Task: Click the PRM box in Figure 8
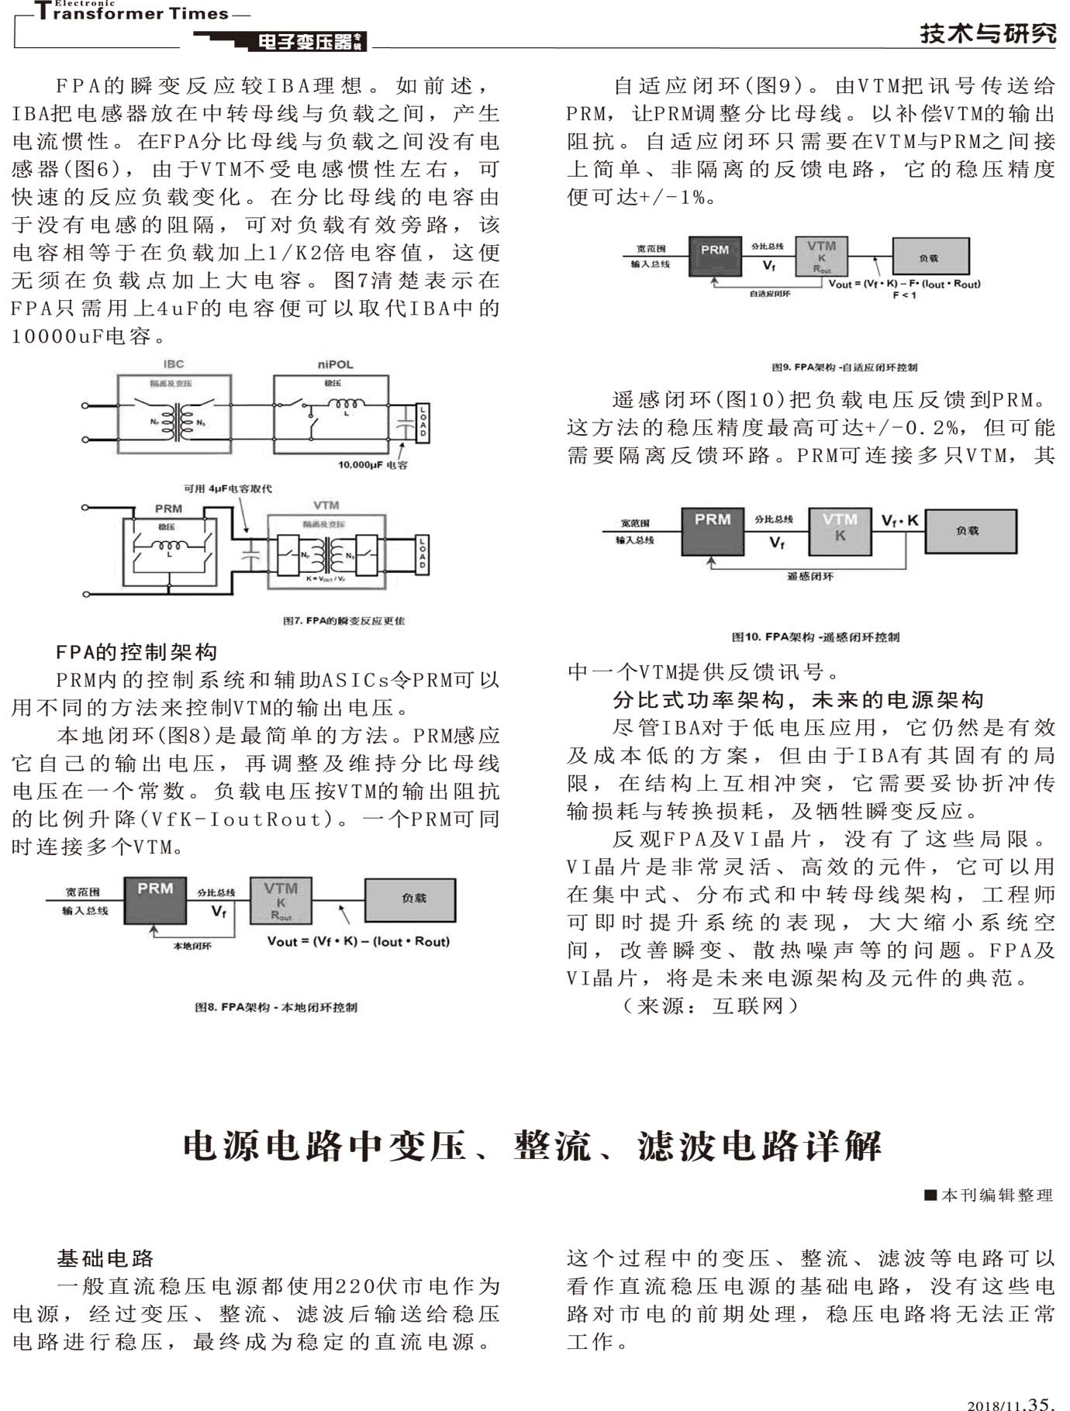[155, 900]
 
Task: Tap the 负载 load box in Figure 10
[970, 531]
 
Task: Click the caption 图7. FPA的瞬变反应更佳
[343, 621]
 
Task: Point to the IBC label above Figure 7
[174, 364]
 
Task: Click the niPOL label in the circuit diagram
[335, 364]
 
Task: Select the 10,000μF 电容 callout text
[372, 465]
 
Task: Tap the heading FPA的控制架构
[136, 652]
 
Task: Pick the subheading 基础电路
[105, 1257]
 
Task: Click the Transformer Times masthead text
[132, 13]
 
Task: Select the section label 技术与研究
[988, 34]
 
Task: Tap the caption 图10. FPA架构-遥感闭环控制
[816, 637]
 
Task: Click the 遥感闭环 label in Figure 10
[810, 577]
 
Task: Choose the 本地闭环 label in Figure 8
[192, 946]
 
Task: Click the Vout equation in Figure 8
[358, 942]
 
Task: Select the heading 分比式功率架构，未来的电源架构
[798, 700]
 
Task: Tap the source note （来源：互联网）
[709, 1006]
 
